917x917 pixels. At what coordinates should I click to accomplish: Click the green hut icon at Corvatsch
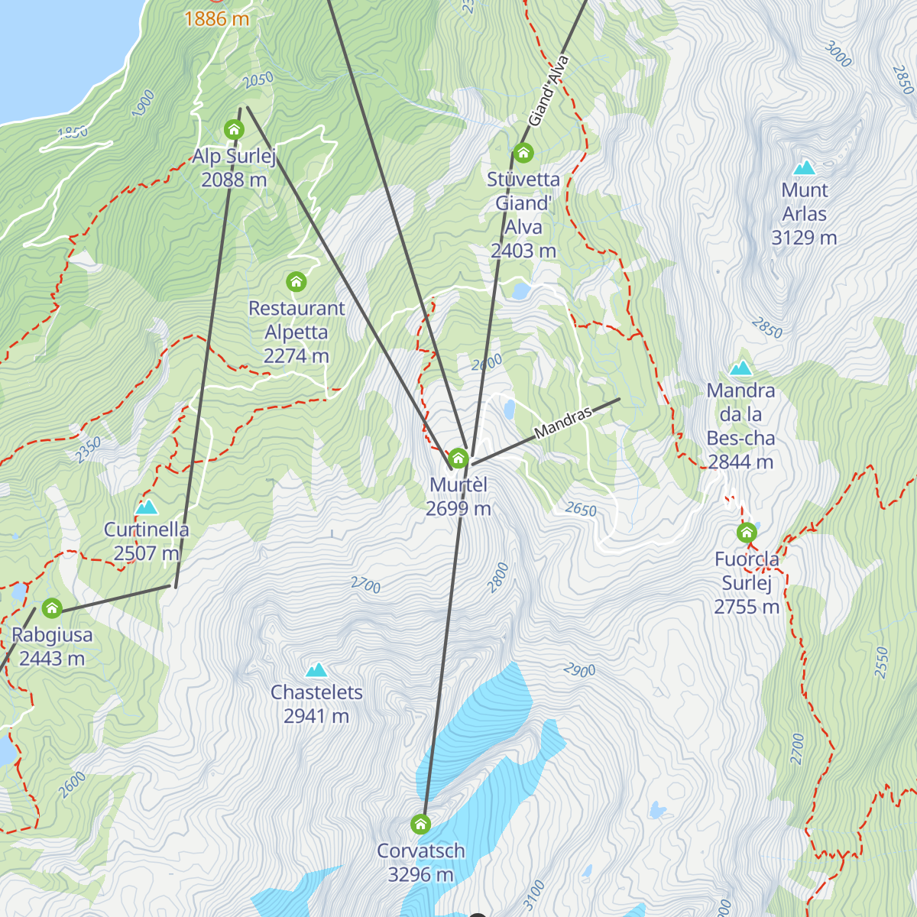point(420,825)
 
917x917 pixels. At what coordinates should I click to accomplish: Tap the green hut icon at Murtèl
point(458,458)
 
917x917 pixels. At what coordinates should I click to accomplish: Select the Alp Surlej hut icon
point(234,130)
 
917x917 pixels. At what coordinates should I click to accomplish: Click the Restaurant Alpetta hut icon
point(296,282)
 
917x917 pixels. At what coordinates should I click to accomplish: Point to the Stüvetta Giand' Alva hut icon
point(523,154)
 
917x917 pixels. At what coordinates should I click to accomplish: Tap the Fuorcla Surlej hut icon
point(747,533)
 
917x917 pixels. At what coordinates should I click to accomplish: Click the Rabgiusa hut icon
point(51,608)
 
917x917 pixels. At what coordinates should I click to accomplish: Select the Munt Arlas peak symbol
point(804,168)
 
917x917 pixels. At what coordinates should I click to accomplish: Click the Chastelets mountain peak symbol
point(316,671)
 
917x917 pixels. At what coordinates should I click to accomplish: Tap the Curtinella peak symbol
point(146,507)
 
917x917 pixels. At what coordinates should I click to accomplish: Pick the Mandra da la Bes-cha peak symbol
point(740,369)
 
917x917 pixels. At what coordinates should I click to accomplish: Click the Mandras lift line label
point(563,423)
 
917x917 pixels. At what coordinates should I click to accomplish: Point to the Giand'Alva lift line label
point(549,91)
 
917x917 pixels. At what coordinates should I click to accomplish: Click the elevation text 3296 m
point(420,875)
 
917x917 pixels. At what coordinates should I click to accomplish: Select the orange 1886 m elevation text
point(216,19)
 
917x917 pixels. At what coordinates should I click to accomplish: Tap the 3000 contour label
point(838,55)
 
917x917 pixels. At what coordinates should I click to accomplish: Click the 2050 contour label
point(258,80)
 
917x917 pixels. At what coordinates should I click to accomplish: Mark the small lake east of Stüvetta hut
point(521,291)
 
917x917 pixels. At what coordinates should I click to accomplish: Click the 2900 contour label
point(579,671)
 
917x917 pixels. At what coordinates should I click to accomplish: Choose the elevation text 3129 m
point(804,238)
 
